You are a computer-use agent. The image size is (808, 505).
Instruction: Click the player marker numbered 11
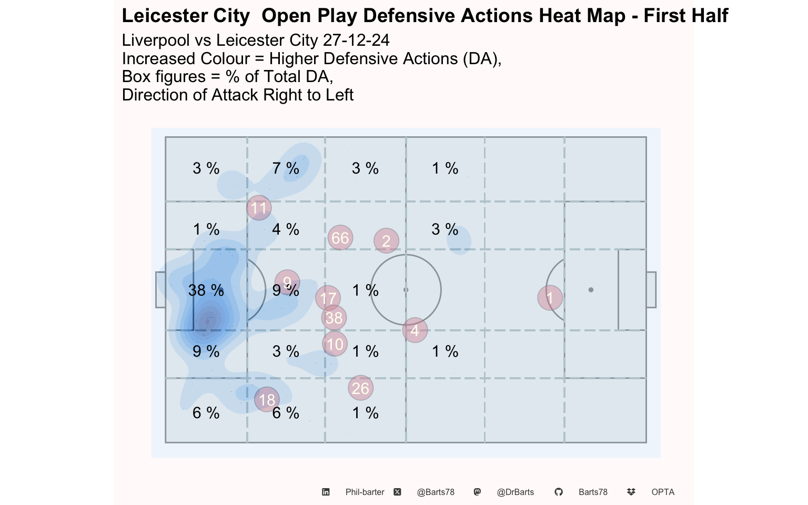pos(259,208)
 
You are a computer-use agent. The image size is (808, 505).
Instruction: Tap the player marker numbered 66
pos(340,238)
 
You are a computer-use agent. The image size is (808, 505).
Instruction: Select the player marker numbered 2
pos(386,241)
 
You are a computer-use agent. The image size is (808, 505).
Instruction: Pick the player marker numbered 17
pos(328,298)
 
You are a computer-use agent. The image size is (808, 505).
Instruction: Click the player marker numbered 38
pos(334,318)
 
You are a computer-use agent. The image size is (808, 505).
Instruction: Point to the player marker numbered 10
pos(335,344)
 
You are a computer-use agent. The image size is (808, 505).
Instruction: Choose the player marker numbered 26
pos(360,388)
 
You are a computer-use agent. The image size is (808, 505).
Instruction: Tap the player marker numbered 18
pos(267,400)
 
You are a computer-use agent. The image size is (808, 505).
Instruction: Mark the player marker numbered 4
pos(415,330)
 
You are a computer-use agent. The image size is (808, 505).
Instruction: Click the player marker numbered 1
pos(550,298)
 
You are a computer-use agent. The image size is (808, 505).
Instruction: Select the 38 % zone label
pos(206,290)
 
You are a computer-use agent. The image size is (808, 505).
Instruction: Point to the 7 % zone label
pos(286,168)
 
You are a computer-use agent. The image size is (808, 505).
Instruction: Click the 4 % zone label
pos(286,229)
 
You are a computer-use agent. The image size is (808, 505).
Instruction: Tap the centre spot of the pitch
pos(406,290)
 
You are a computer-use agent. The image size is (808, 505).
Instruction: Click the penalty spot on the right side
pos(591,290)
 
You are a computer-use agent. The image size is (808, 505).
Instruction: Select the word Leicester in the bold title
pos(157,16)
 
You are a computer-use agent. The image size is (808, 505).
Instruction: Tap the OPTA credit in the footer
pos(662,492)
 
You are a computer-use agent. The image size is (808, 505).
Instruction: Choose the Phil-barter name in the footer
pos(365,492)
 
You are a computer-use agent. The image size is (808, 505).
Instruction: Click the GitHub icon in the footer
pos(559,492)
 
